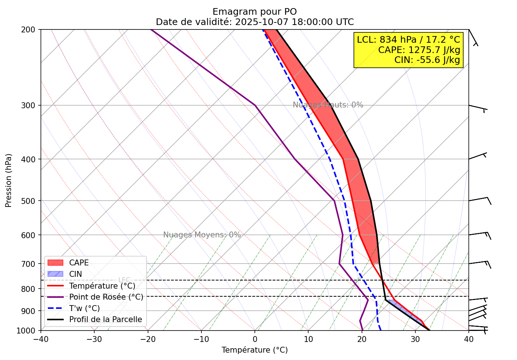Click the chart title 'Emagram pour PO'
click(x=254, y=12)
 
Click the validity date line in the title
click(x=254, y=22)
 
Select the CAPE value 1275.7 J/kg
click(x=419, y=50)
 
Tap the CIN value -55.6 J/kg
click(x=427, y=60)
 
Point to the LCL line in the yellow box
click(x=408, y=40)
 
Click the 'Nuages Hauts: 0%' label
click(x=328, y=105)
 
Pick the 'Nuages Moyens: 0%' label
click(x=202, y=235)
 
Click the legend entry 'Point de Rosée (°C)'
click(x=106, y=297)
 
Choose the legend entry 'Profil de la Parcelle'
click(x=105, y=320)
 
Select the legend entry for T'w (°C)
click(x=84, y=308)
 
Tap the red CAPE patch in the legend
click(x=56, y=263)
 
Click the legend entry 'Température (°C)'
click(x=102, y=286)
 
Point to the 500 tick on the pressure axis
click(x=30, y=201)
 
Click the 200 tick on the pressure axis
click(x=30, y=29)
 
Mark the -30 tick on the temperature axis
click(x=94, y=339)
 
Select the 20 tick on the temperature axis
click(x=362, y=339)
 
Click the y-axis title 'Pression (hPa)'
click(x=8, y=180)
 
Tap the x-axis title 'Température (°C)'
click(x=254, y=350)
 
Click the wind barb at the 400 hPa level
click(x=478, y=156)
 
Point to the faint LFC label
click(x=124, y=280)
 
